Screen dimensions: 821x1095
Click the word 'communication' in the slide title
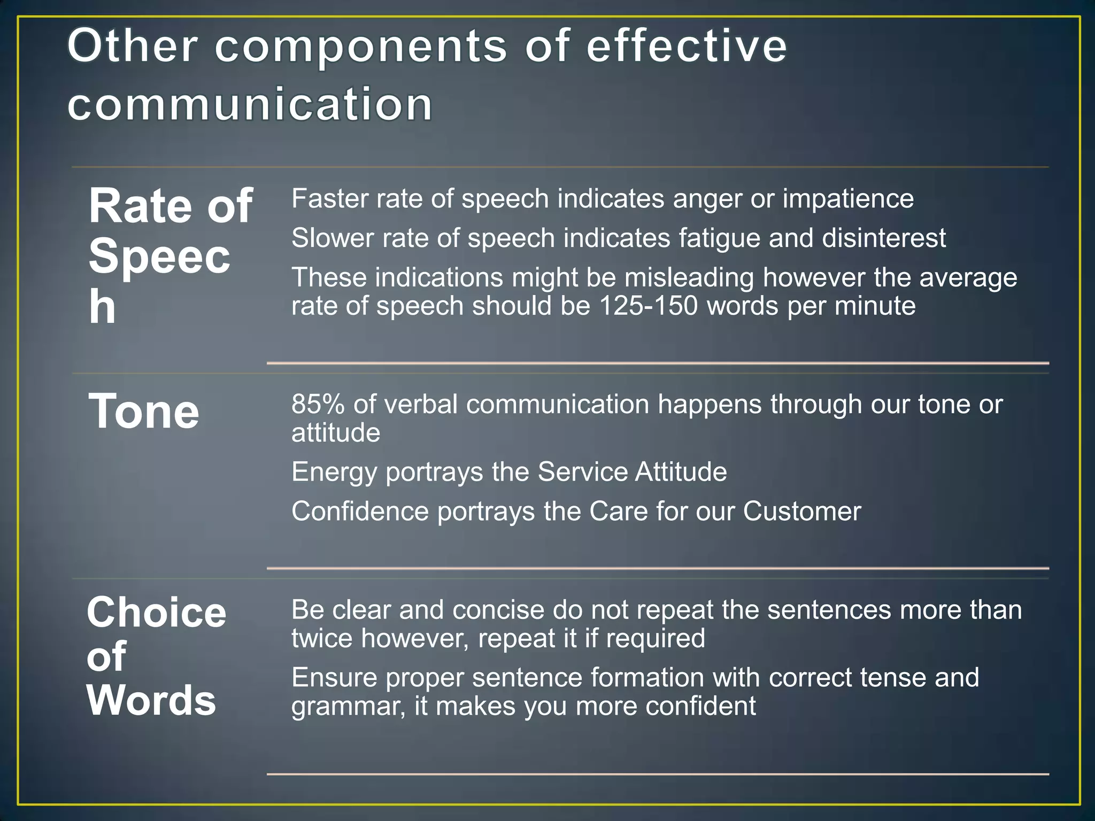tap(250, 104)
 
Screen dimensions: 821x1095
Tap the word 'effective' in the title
tap(687, 46)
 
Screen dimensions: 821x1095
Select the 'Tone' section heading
tap(144, 411)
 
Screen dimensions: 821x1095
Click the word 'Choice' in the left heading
tap(157, 613)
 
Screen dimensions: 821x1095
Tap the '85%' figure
tap(318, 404)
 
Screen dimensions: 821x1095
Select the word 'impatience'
tap(848, 199)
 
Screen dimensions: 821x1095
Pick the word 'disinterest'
tap(884, 238)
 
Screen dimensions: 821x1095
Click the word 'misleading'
tap(690, 277)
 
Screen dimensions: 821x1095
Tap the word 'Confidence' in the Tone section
tap(360, 512)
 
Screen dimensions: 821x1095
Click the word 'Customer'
tap(802, 512)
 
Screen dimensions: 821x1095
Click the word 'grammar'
tap(348, 707)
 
